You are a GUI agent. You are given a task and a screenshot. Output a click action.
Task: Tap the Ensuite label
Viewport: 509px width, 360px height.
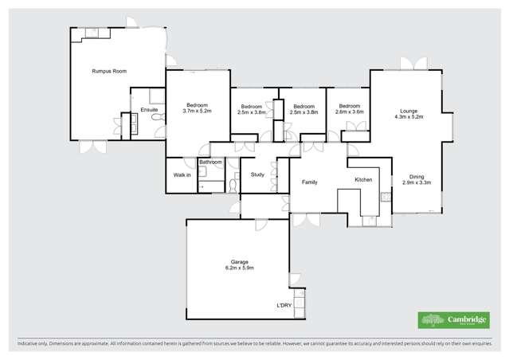(149, 109)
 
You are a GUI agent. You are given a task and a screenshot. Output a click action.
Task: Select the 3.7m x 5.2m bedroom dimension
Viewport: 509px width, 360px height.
(197, 112)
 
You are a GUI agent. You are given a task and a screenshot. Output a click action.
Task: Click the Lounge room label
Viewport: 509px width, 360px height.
(409, 111)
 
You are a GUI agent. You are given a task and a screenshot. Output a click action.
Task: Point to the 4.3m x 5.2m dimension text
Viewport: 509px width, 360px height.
(409, 117)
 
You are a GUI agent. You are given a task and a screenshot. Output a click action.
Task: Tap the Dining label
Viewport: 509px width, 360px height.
(417, 177)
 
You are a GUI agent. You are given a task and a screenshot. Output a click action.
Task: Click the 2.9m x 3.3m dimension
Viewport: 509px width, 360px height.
(417, 183)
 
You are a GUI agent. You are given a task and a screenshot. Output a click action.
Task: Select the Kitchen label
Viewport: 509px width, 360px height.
(363, 180)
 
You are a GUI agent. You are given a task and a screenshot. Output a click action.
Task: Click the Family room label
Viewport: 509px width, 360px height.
(310, 182)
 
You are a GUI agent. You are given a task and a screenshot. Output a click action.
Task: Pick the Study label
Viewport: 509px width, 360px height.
(257, 174)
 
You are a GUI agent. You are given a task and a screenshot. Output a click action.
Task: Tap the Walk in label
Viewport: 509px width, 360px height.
(182, 174)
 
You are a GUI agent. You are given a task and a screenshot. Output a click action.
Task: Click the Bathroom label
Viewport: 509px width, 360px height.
(210, 162)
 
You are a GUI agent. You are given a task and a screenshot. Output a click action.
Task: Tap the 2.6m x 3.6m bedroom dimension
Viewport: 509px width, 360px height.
(350, 112)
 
